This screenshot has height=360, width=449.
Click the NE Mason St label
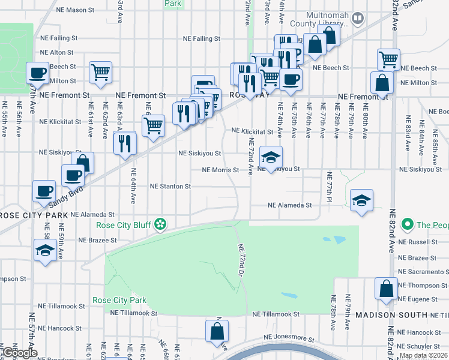click(x=75, y=10)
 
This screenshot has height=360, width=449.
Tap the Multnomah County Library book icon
click(x=358, y=19)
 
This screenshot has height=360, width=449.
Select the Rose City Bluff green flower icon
click(x=160, y=225)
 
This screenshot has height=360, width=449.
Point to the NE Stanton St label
click(x=170, y=187)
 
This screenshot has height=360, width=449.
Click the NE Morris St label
click(x=220, y=170)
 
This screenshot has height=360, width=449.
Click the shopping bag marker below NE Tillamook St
click(x=217, y=331)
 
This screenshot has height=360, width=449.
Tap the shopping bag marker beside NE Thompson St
click(x=385, y=289)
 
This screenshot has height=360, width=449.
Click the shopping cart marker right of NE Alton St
click(x=100, y=73)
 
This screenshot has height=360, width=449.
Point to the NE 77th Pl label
click(x=330, y=186)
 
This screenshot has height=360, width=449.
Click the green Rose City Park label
click(x=119, y=300)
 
